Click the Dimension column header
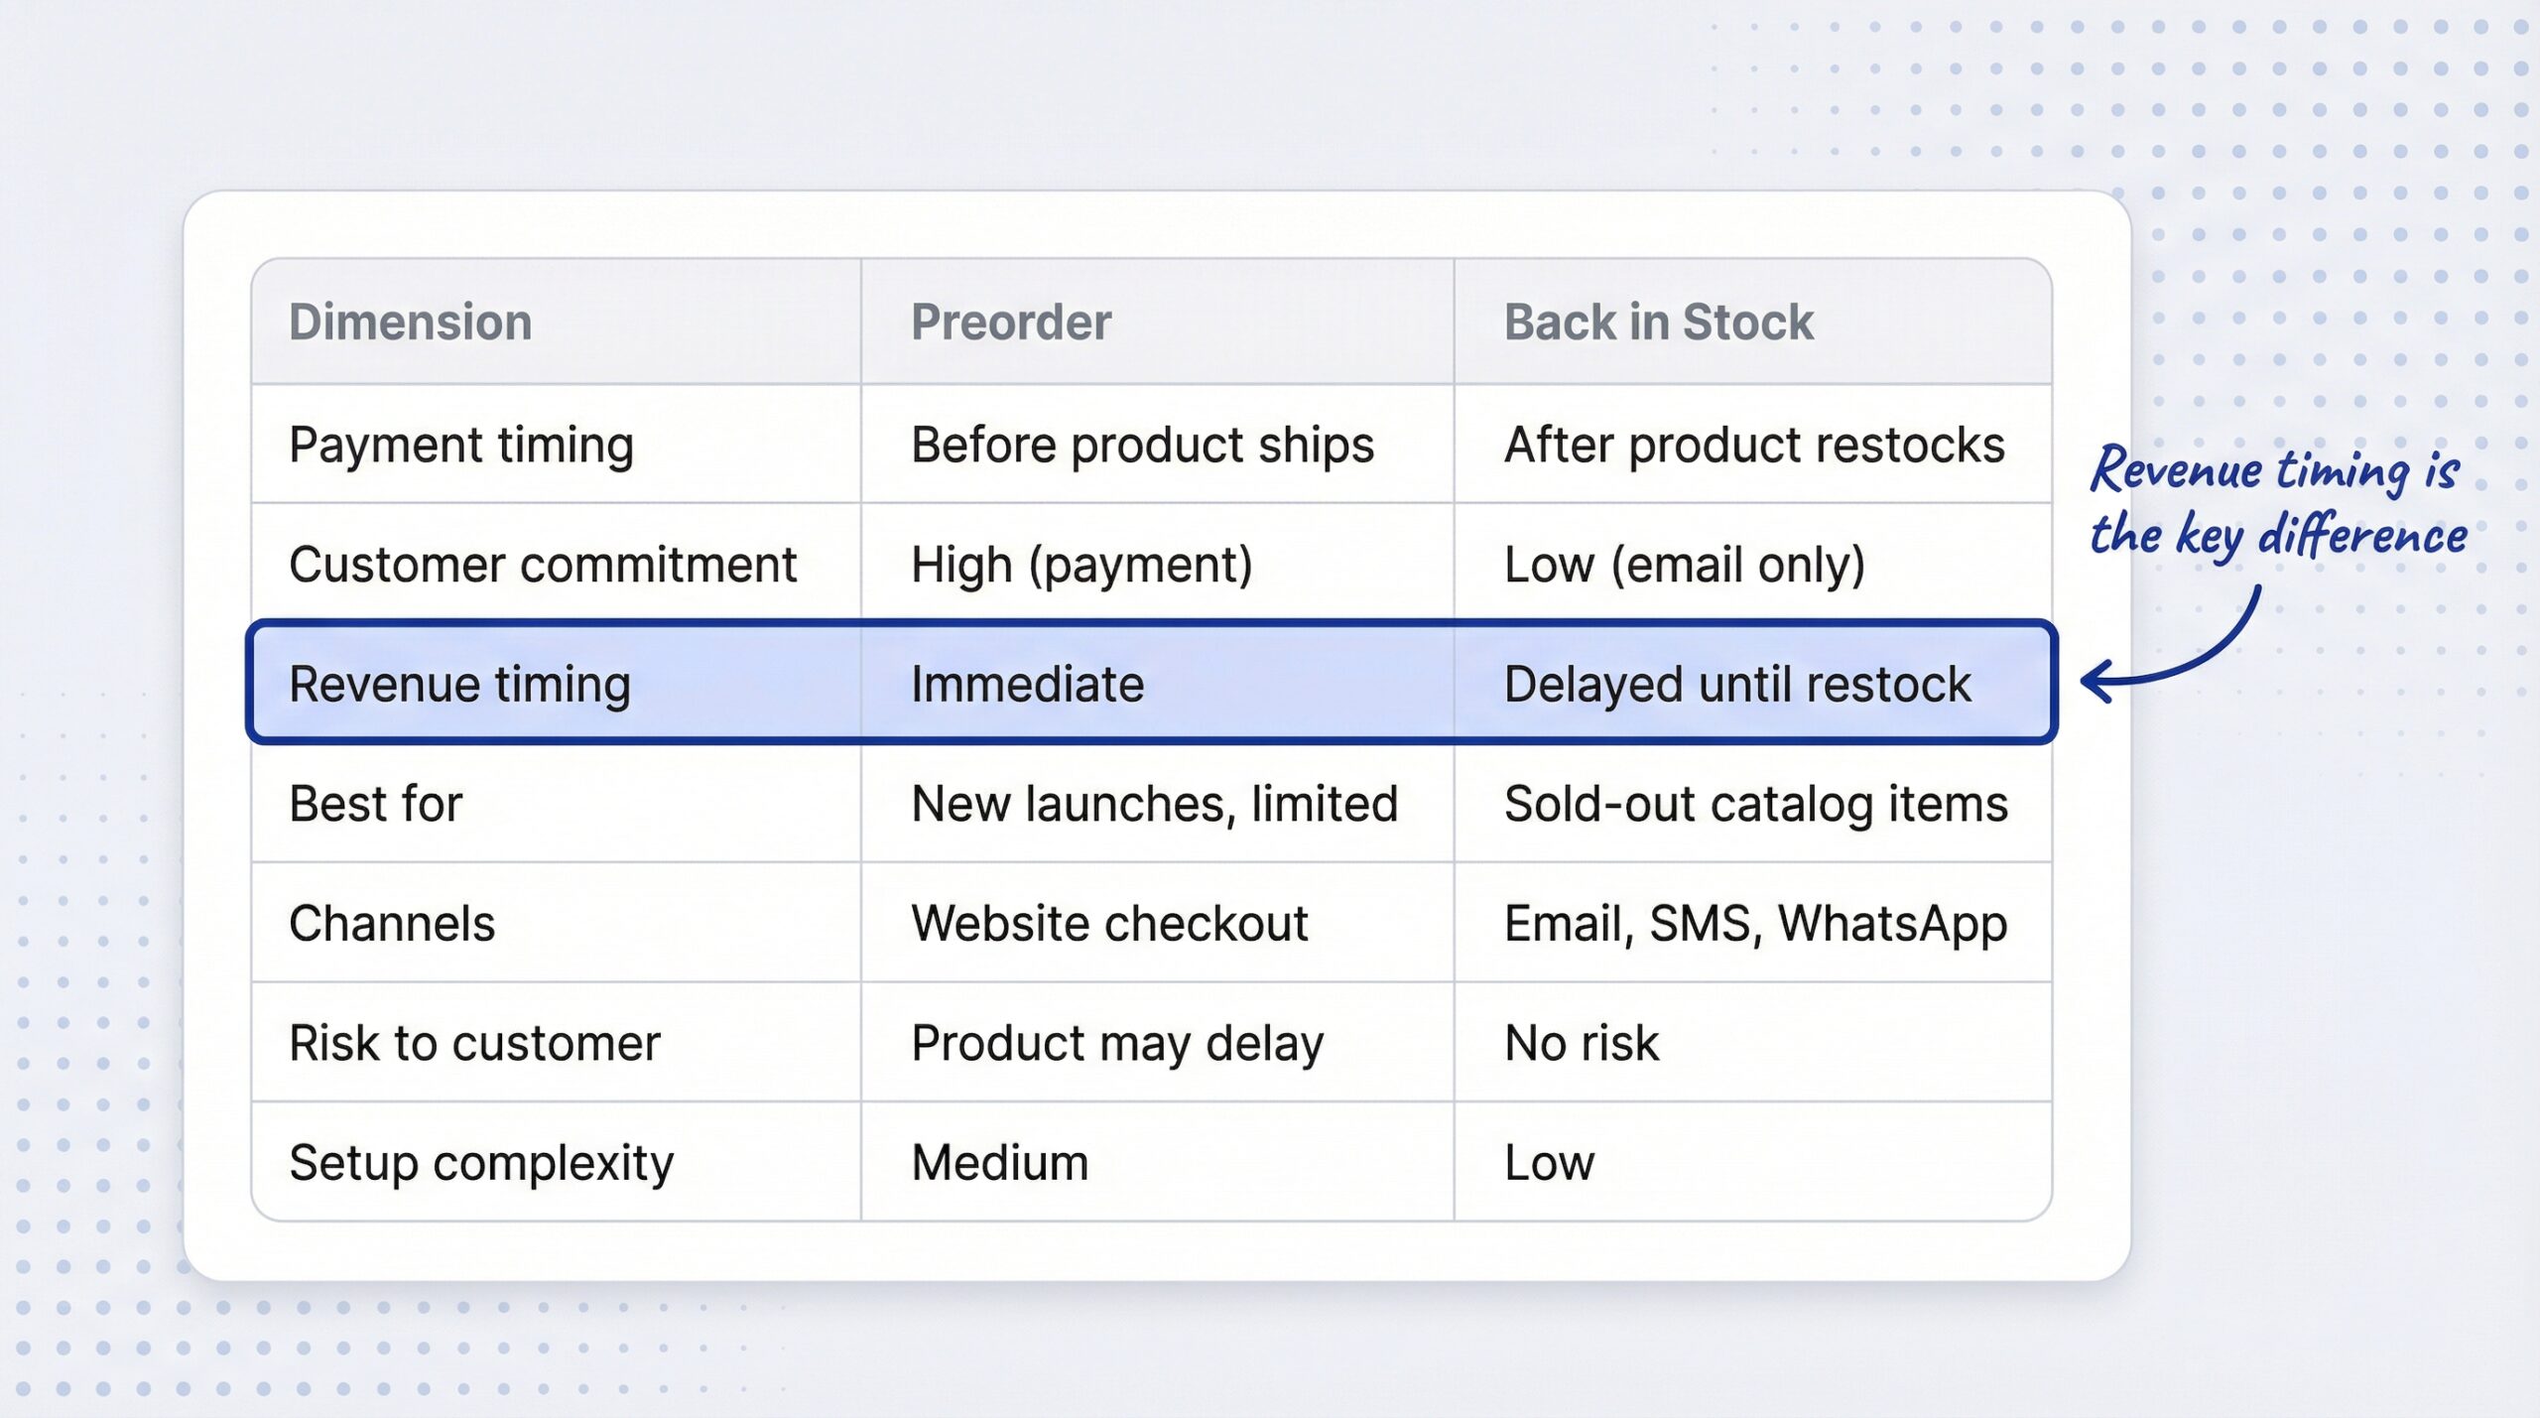click(x=410, y=322)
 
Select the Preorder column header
click(x=1010, y=322)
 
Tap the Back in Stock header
click(x=1658, y=322)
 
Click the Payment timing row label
click(x=460, y=445)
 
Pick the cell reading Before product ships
click(x=1142, y=445)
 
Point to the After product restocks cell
click(x=1753, y=445)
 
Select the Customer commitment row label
click(x=542, y=565)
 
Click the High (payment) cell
click(x=1081, y=565)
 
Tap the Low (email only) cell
click(x=1684, y=565)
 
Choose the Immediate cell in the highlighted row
click(x=1027, y=684)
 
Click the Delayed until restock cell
click(x=1736, y=684)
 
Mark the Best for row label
click(x=375, y=804)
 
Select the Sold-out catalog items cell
click(x=1755, y=804)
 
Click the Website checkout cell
click(x=1109, y=924)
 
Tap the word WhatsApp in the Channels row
click(x=1891, y=924)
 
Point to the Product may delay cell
click(x=1116, y=1043)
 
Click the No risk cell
click(x=1581, y=1043)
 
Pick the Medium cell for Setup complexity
click(x=999, y=1163)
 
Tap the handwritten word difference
click(x=2362, y=537)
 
